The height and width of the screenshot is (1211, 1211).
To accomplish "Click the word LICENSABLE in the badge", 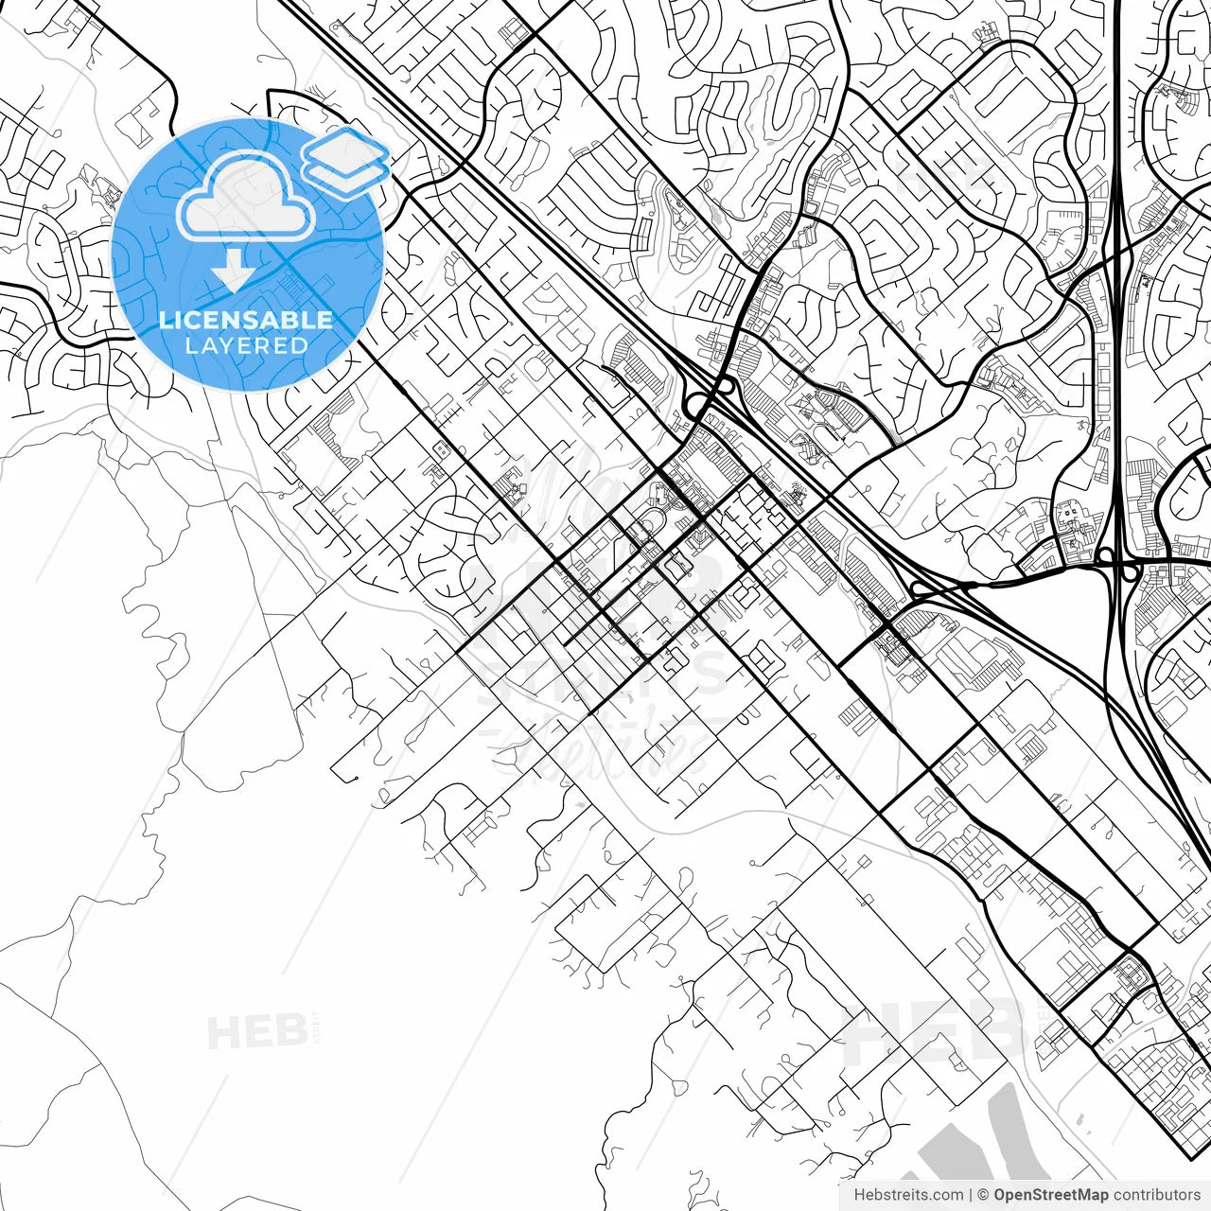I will point(246,320).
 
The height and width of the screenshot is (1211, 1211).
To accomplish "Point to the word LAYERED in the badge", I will point(246,345).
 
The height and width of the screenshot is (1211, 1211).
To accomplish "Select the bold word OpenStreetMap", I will point(1051,1195).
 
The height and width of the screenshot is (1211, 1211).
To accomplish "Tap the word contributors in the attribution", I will point(1156,1195).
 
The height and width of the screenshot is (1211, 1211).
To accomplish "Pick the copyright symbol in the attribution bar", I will point(983,1195).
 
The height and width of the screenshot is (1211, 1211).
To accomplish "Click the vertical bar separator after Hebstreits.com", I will point(971,1195).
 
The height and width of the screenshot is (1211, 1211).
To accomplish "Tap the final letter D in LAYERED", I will point(300,345).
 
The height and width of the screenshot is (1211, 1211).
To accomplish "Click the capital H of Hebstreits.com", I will point(859,1195).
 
